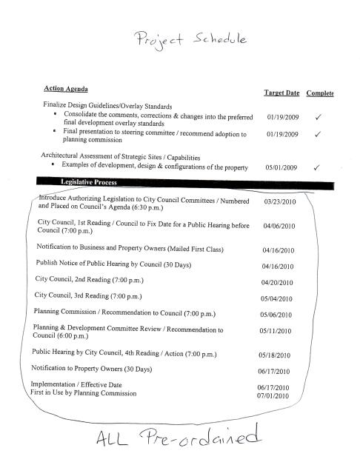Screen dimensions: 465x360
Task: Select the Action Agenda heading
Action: (67, 90)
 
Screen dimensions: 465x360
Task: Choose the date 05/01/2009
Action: (281, 167)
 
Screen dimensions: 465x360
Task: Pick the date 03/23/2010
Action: (279, 201)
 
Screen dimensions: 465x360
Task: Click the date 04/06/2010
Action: (279, 227)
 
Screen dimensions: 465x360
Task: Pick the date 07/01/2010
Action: (273, 397)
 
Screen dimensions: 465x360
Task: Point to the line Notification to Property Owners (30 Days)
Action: (92, 369)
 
